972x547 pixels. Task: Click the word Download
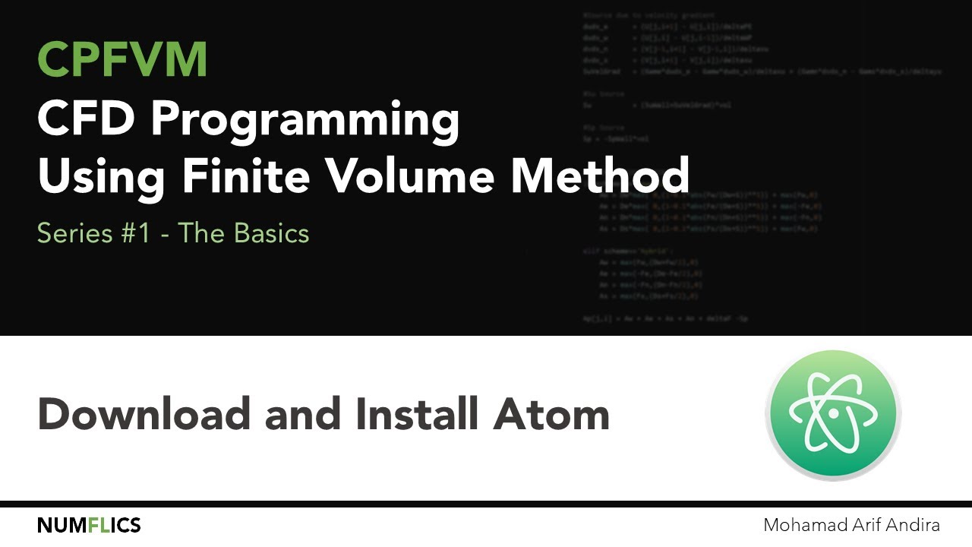pyautogui.click(x=144, y=415)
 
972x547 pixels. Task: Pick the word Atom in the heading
pyautogui.click(x=552, y=415)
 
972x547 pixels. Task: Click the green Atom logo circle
pyautogui.click(x=833, y=414)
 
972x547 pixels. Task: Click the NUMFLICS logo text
pyautogui.click(x=89, y=525)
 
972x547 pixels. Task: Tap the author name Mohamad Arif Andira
pyautogui.click(x=852, y=525)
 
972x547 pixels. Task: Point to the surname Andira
pyautogui.click(x=912, y=525)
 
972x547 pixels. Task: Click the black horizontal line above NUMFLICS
pyautogui.click(x=486, y=504)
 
